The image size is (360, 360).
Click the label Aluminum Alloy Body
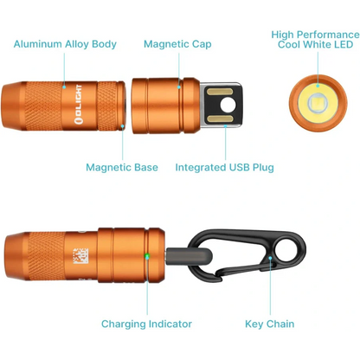point(66,43)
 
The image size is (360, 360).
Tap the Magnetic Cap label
point(177,43)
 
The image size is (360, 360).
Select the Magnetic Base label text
point(120,167)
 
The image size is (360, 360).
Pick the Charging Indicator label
point(146,325)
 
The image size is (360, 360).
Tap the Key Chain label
point(270,325)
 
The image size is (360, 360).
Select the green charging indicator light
point(147,256)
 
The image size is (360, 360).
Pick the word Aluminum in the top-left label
point(37,43)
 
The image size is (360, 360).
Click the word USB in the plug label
point(229,167)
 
